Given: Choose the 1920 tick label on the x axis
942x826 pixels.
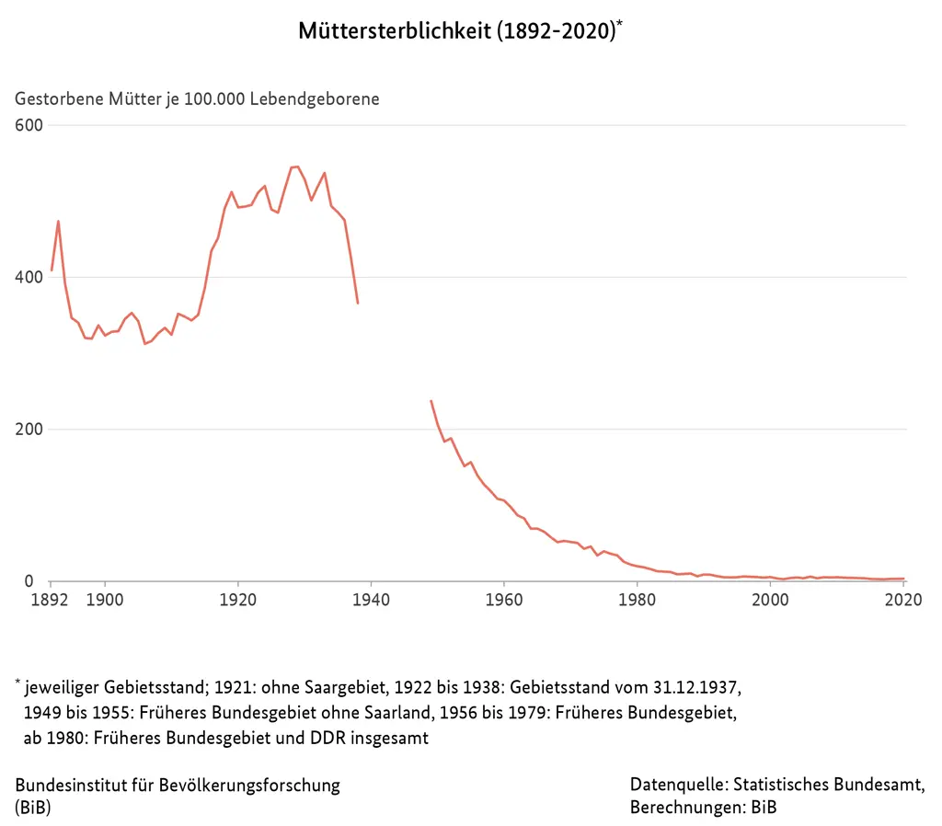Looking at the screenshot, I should click(x=237, y=600).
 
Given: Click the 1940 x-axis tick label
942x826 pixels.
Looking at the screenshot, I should click(x=371, y=600).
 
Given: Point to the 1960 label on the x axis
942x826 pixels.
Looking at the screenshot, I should click(x=504, y=600).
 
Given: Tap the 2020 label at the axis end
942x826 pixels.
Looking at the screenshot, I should click(x=902, y=600).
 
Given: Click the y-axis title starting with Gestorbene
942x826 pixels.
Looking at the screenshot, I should click(x=197, y=98).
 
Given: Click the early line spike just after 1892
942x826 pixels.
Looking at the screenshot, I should click(x=58, y=221).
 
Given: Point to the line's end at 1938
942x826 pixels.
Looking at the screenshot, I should click(x=358, y=303).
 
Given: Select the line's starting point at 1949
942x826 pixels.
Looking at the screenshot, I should click(x=431, y=401).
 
